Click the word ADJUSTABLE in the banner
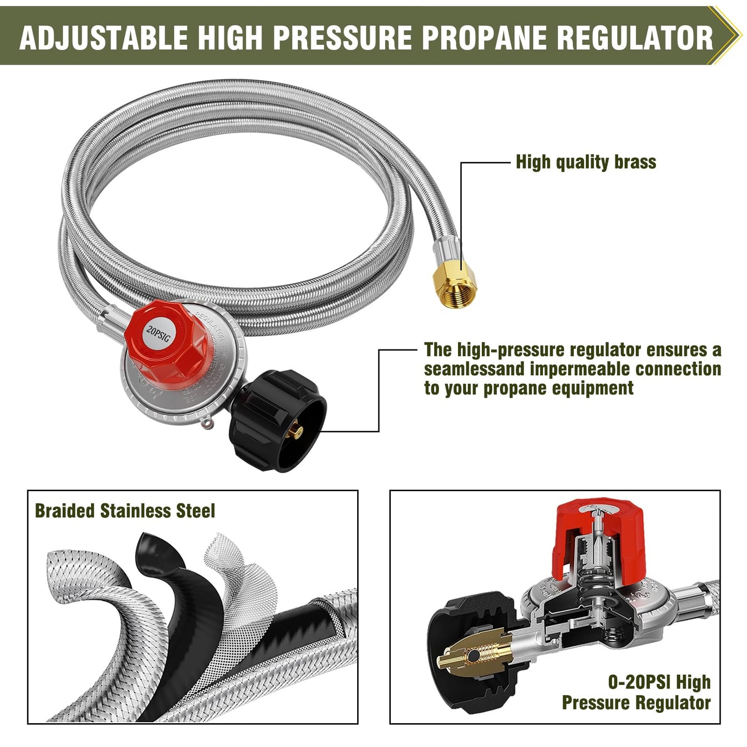coord(103,37)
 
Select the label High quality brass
coord(586,162)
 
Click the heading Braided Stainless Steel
coord(125,511)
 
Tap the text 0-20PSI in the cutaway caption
coord(639,682)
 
